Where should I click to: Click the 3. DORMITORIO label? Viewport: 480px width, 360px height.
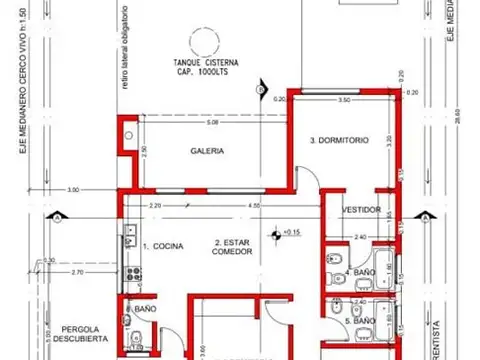(x=345, y=141)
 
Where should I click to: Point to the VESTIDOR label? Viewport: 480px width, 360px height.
(x=360, y=210)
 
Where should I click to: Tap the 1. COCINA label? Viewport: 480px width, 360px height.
(x=162, y=245)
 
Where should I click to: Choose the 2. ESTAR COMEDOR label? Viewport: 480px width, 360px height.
(x=233, y=248)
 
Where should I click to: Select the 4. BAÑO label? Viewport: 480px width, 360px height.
(x=360, y=271)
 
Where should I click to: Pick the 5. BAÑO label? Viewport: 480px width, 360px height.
(x=360, y=321)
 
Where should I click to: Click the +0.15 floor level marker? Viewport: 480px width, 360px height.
(x=291, y=232)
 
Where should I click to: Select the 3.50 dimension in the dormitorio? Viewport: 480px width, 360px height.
(x=343, y=101)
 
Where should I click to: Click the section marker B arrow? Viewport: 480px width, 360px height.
(x=260, y=91)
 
